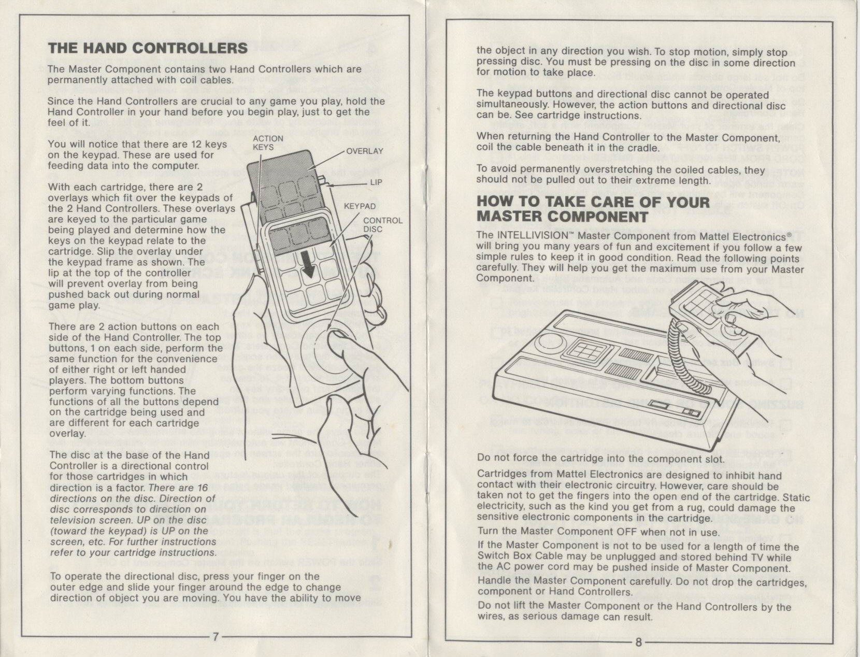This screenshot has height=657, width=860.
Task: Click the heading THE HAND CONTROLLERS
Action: pos(147,48)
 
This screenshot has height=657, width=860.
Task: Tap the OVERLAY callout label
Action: pos(364,151)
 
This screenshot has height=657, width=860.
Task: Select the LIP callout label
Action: pos(376,182)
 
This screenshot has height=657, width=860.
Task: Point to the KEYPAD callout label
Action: pos(360,206)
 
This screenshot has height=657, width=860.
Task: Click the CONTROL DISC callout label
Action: pos(382,224)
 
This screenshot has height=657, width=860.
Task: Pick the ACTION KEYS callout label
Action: pos(268,142)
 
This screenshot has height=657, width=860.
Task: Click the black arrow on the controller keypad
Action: pos(309,268)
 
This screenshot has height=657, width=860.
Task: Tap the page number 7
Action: pos(214,636)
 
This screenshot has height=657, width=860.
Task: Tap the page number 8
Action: pos(639,643)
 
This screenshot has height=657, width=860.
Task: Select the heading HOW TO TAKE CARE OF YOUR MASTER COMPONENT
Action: pos(593,209)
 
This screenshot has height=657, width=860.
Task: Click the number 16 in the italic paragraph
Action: pos(202,488)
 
